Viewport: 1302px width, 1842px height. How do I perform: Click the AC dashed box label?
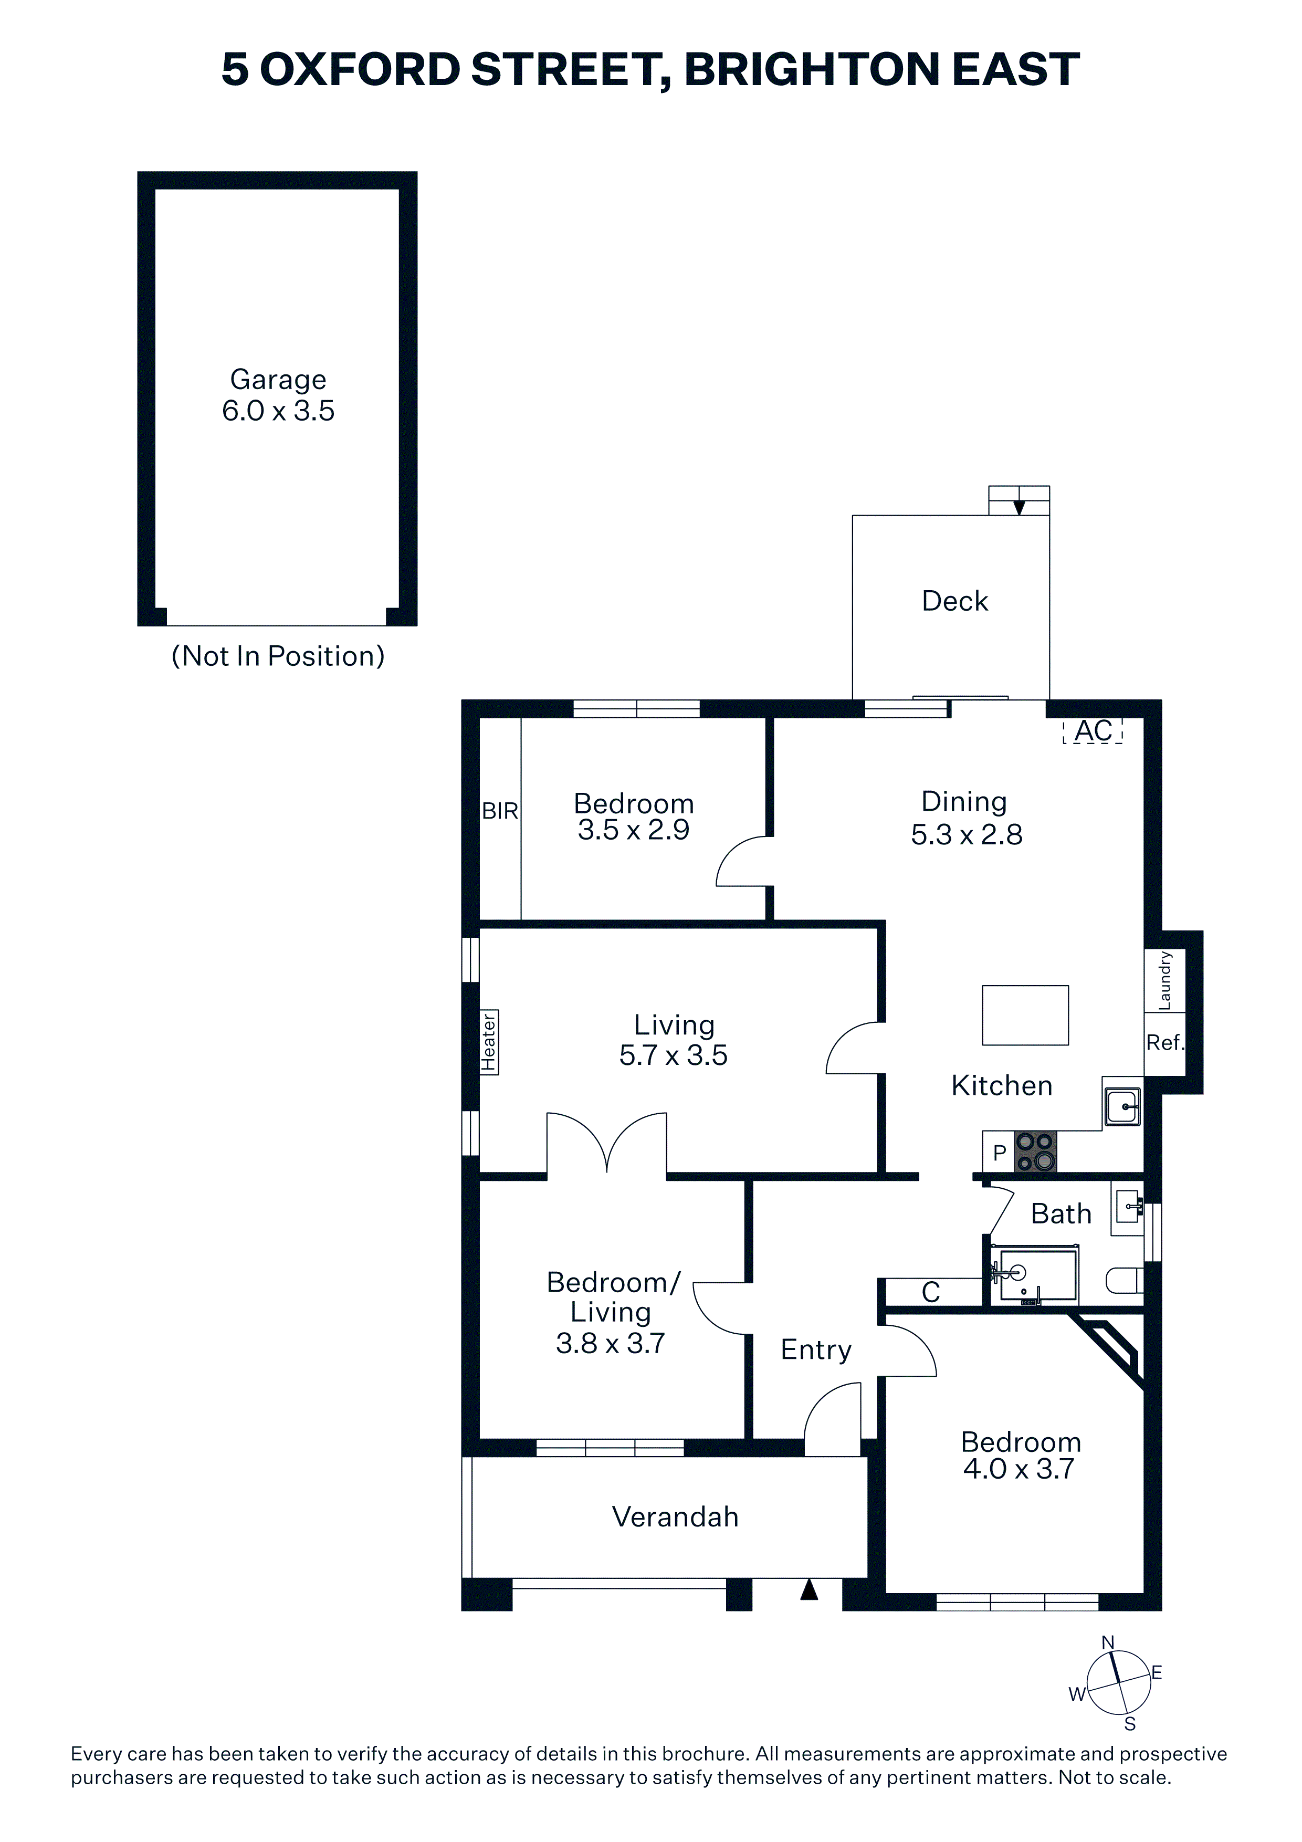[1093, 731]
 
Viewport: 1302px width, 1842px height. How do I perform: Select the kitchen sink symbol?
[1121, 1107]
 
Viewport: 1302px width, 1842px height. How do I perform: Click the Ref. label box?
[1164, 1043]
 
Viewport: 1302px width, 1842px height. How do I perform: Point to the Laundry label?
[1165, 980]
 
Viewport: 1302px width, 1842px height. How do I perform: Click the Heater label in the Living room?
[489, 1041]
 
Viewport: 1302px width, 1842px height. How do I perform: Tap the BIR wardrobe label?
[500, 811]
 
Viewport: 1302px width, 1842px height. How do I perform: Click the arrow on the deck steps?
[1019, 507]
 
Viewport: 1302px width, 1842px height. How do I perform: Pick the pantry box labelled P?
[999, 1153]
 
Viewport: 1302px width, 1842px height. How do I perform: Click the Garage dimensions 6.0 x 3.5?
[278, 411]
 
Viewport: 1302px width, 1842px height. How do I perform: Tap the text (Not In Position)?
[278, 656]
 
